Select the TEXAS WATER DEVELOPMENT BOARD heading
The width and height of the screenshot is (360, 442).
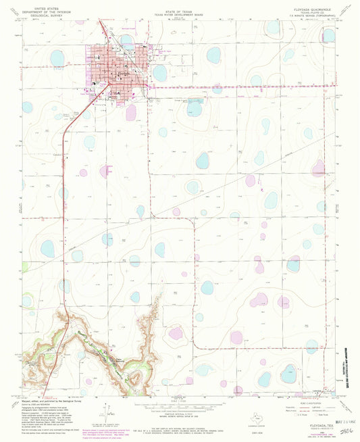coord(179,14)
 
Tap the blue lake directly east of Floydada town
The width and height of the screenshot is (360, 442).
coord(160,72)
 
